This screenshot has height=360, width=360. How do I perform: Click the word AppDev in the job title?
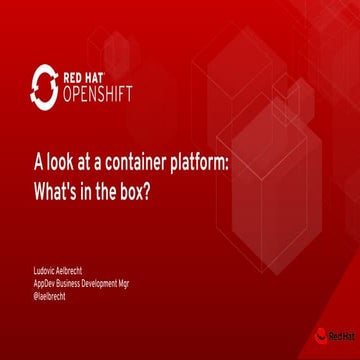pos(45,282)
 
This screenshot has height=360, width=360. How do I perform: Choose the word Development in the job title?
pos(109,282)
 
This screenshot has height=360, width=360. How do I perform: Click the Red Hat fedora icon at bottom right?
pos(320,336)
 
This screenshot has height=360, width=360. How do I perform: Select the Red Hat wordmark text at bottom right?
pos(341,337)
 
